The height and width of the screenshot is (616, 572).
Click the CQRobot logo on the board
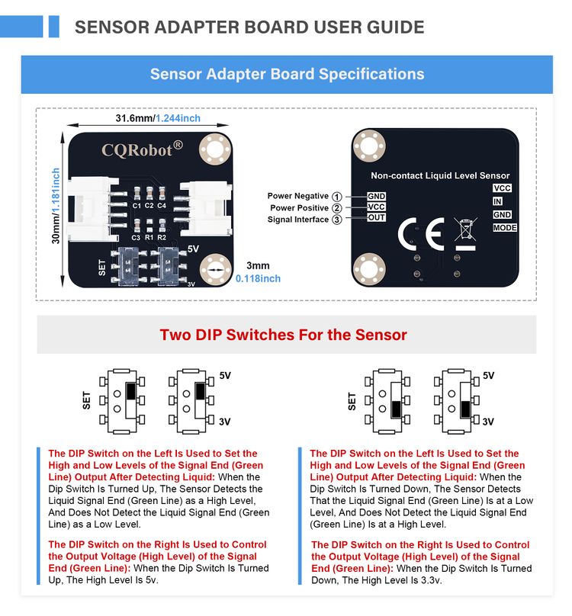pyautogui.click(x=142, y=147)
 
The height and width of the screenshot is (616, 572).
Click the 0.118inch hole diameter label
pyautogui.click(x=258, y=278)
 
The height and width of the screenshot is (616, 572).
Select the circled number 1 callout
pyautogui.click(x=336, y=197)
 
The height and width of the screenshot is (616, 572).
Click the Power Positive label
pyautogui.click(x=298, y=208)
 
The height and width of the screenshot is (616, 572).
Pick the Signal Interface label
pyautogui.click(x=297, y=220)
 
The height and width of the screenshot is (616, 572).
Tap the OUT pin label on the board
pyautogui.click(x=377, y=218)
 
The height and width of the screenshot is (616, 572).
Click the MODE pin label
pyautogui.click(x=505, y=228)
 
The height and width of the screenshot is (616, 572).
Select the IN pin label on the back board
pyautogui.click(x=497, y=201)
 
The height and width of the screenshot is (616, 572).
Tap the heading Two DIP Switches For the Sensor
pyautogui.click(x=283, y=335)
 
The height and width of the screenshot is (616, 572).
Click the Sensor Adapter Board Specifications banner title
pyautogui.click(x=287, y=74)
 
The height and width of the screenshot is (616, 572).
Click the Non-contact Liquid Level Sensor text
pyautogui.click(x=440, y=175)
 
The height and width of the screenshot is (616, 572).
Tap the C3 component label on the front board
pyautogui.click(x=136, y=237)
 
